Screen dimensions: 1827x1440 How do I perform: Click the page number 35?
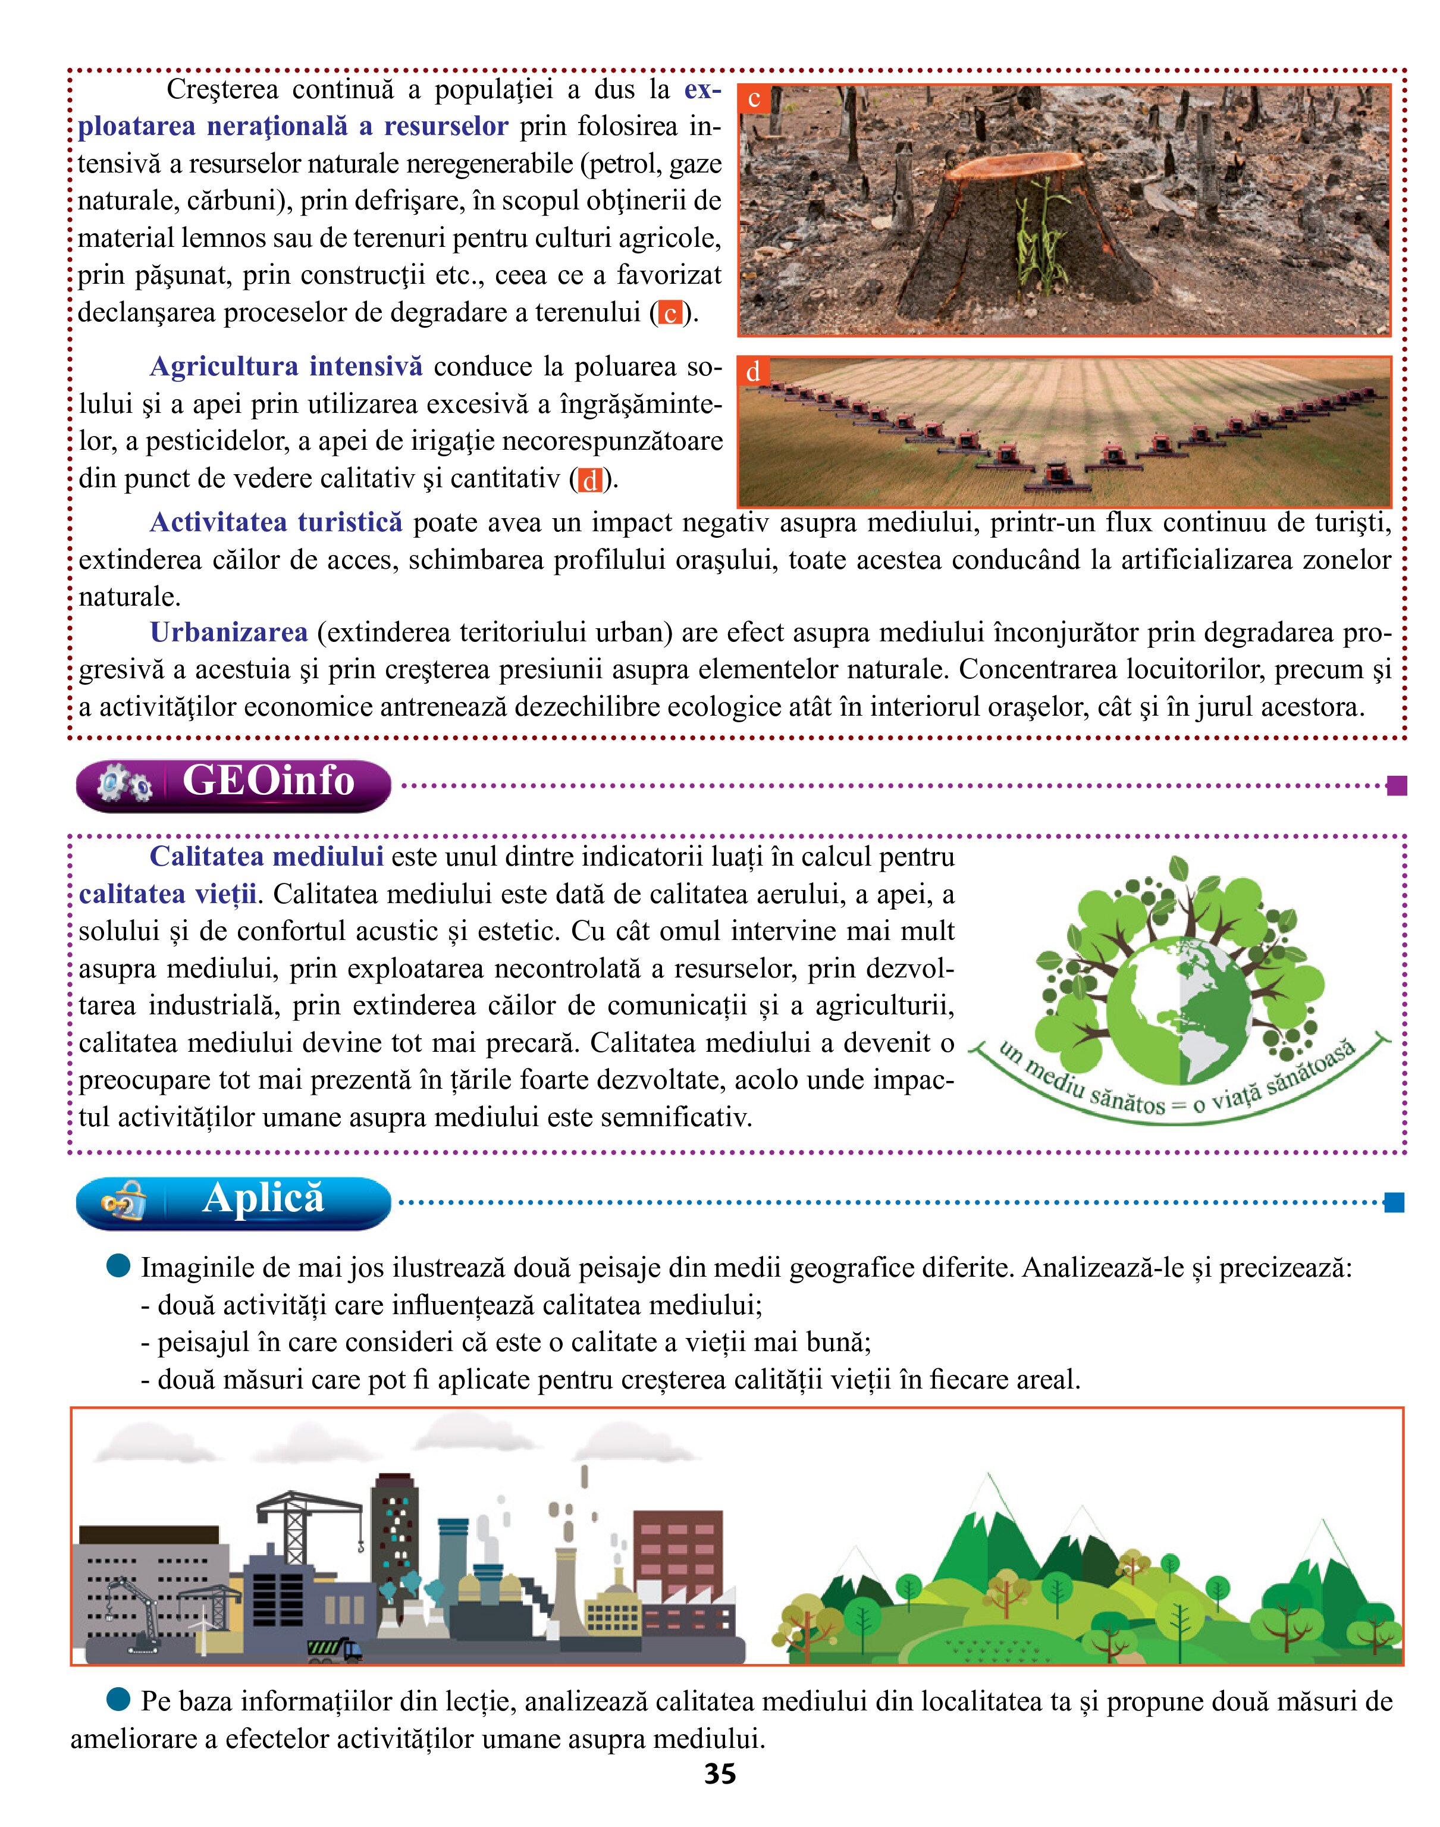pos(720,1774)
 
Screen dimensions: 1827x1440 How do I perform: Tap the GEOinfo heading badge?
pos(234,784)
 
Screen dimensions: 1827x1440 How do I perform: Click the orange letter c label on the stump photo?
pos(754,99)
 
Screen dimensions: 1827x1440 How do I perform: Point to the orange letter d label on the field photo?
pos(753,372)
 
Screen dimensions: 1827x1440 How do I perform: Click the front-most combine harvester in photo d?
pos(1057,477)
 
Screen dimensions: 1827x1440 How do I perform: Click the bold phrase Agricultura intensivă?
pos(286,366)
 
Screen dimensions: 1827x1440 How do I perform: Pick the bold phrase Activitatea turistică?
pos(276,523)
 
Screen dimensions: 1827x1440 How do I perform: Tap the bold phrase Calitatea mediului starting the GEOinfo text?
pos(266,857)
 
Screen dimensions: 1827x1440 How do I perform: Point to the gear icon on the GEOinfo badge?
pos(125,785)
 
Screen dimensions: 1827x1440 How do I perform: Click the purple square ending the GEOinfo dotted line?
pos(1395,786)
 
